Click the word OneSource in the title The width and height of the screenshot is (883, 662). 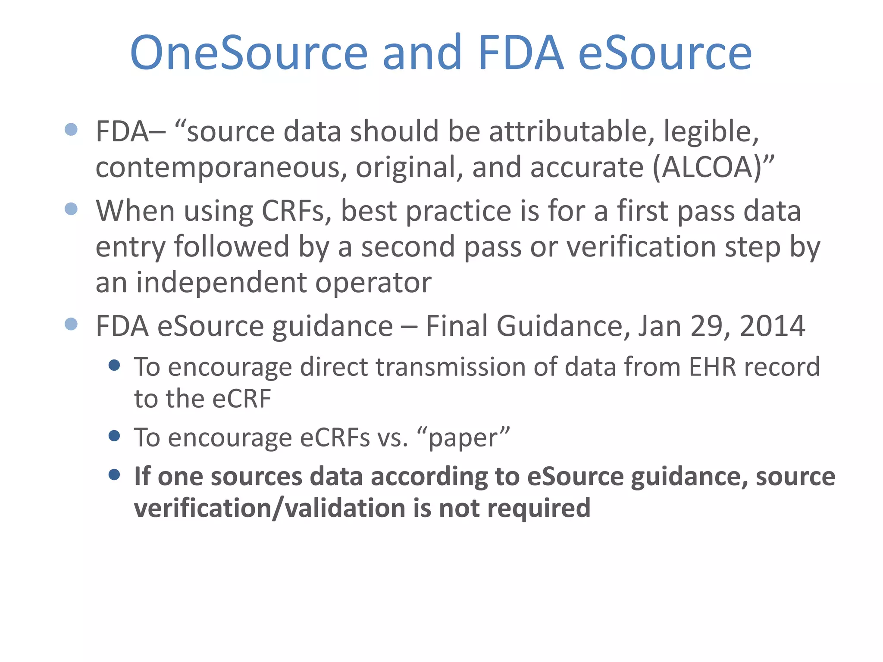click(249, 53)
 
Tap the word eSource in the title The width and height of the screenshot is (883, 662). click(664, 53)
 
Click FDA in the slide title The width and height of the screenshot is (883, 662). click(520, 53)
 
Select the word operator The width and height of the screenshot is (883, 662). click(373, 283)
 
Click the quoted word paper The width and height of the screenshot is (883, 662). click(463, 438)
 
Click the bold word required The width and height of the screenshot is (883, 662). click(539, 508)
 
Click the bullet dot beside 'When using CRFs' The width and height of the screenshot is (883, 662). click(71, 209)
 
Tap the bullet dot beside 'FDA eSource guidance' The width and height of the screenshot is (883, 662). click(71, 324)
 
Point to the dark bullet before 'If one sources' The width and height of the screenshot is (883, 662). click(114, 475)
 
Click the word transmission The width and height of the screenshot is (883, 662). click(451, 367)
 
